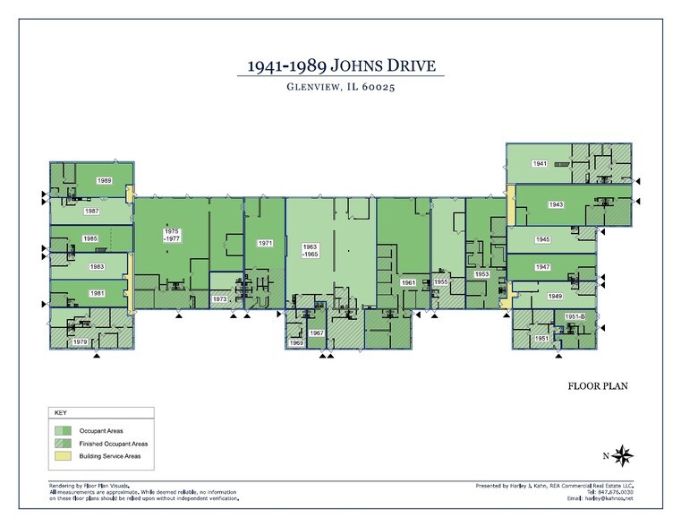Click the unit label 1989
coord(105,181)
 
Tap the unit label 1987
coord(92,211)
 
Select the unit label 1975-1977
coord(172,236)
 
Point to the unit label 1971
coord(265,243)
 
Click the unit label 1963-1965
coord(311,250)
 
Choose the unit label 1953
coord(481,273)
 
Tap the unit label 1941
coord(540,164)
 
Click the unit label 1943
coord(556,204)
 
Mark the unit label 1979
coord(80,342)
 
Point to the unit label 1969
coord(297,343)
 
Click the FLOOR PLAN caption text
coord(599,387)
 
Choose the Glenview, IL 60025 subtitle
coord(340,87)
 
